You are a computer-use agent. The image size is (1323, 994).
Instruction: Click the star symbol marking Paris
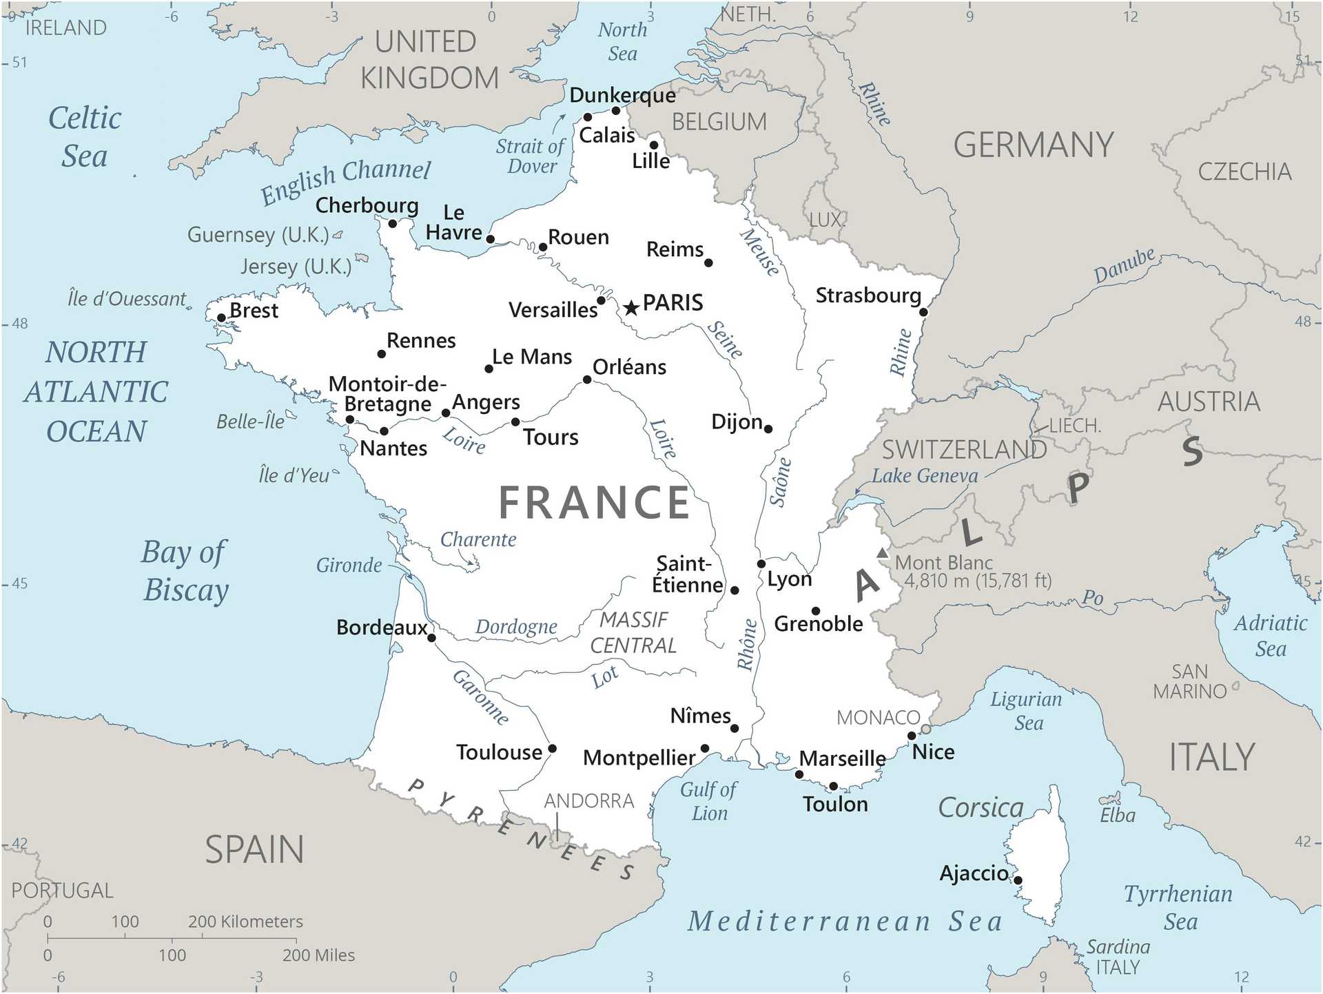tap(630, 308)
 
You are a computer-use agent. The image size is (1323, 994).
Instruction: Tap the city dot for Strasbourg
tap(923, 312)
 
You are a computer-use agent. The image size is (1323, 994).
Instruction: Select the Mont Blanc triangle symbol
tap(883, 553)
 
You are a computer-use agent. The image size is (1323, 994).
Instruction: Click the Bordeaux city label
tap(382, 628)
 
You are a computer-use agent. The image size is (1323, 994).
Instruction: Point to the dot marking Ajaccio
tap(1018, 880)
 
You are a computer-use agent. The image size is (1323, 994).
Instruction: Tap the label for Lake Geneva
tap(925, 476)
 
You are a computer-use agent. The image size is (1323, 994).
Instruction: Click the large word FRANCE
tap(594, 502)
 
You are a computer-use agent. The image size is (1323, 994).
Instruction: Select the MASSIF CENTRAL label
tap(633, 632)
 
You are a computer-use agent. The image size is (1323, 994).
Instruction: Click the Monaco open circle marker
tap(925, 729)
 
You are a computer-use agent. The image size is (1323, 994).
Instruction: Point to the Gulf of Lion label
tap(708, 801)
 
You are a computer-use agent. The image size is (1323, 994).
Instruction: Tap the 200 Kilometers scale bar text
tap(245, 922)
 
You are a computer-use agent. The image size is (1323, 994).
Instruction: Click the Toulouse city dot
tap(552, 749)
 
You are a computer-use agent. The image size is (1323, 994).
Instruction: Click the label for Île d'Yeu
tap(294, 475)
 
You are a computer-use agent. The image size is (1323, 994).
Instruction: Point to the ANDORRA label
tap(589, 801)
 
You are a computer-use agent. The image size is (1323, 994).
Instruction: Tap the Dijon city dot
tap(768, 429)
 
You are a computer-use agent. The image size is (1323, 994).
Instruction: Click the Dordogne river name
tap(516, 627)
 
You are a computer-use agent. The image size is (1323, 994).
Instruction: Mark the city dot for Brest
tap(221, 318)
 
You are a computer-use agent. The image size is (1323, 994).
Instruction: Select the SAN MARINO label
tap(1190, 681)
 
